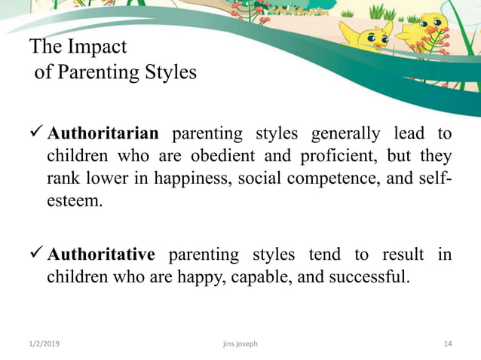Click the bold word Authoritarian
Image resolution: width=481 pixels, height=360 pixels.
103,134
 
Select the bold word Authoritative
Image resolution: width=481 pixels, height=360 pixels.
101,254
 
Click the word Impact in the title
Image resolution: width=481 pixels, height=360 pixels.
96,47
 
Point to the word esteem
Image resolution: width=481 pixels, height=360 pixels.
74,202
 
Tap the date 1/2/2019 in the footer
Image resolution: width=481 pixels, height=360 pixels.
45,344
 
